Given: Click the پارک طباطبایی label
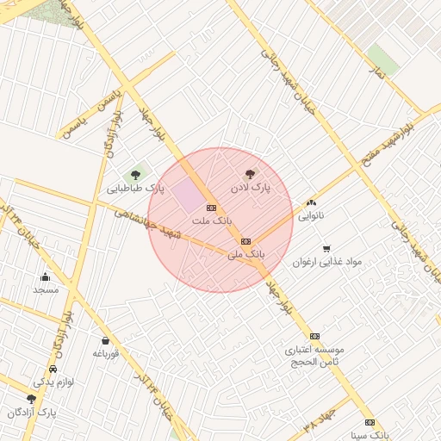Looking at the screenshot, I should coord(135,188).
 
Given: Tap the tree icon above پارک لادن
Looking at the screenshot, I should coord(251,173).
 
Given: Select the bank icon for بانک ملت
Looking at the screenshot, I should coord(211,208).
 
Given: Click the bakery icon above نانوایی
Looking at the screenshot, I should coord(311,203).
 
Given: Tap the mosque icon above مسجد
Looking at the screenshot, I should coord(45,276).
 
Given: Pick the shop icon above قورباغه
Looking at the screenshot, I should coord(105,340).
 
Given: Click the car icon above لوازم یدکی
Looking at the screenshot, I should coord(53,369).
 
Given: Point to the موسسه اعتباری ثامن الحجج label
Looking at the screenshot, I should coord(315,356).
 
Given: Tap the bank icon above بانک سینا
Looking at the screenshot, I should coord(370,422).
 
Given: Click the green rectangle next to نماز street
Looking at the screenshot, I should coord(382,59).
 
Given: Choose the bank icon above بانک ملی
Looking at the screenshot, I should coord(246,241).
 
